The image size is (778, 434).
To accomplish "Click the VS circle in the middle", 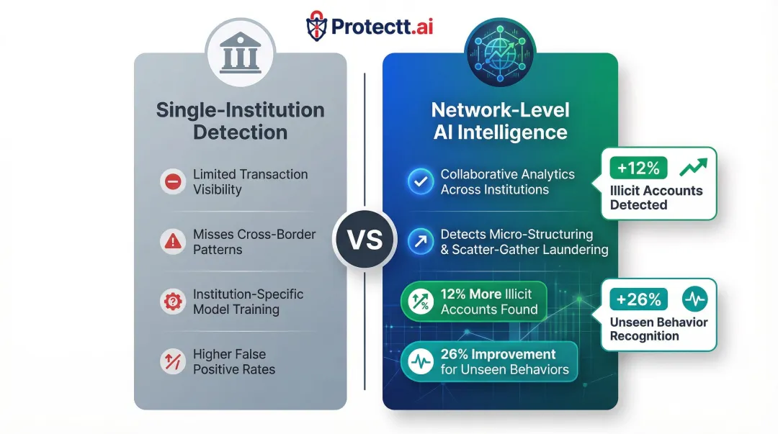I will [365, 240].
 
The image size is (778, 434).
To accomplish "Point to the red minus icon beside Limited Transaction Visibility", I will [173, 182].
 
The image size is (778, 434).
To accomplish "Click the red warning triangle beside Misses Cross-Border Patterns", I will [173, 242].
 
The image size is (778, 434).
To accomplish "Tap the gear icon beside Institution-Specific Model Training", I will [173, 302].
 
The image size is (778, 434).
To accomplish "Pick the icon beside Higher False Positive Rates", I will [173, 362].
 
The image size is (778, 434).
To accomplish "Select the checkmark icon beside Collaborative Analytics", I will [419, 182].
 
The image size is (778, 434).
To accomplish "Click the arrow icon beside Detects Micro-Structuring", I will [419, 242].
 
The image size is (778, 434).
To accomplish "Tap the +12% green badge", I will [638, 168].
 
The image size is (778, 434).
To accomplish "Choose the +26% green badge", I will [638, 299].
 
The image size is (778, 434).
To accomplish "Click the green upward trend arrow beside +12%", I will [693, 167].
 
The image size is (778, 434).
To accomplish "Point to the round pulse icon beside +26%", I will [694, 299].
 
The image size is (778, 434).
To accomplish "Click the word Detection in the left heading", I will [240, 132].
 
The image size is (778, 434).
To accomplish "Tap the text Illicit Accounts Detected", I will [656, 197].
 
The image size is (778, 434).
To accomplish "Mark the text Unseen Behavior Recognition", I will [658, 329].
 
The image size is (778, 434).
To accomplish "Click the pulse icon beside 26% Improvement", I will [419, 362].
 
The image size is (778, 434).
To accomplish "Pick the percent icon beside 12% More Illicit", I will [419, 302].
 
